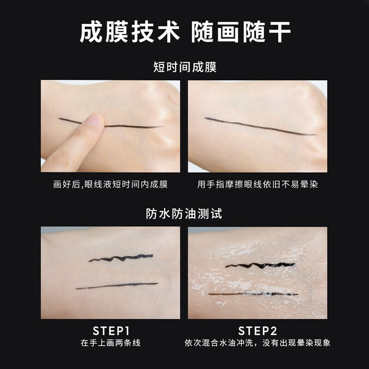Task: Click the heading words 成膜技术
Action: point(130,32)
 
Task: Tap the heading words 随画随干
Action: point(241,32)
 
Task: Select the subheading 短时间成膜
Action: point(185,67)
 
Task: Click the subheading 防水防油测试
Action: point(184,214)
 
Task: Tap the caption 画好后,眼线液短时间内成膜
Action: point(110,184)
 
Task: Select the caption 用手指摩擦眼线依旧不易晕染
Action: point(257,184)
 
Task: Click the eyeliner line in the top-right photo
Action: point(260,126)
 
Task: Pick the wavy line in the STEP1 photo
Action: point(121,258)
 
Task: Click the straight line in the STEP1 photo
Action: point(117,286)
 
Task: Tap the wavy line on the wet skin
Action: point(260,266)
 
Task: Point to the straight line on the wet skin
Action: point(253,294)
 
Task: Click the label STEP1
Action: point(111,331)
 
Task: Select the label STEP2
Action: point(257,331)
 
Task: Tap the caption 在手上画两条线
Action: point(110,343)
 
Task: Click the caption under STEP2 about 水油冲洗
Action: point(257,343)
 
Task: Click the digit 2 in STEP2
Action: point(273,331)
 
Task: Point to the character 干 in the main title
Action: point(280,32)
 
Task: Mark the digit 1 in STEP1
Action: point(127,331)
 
